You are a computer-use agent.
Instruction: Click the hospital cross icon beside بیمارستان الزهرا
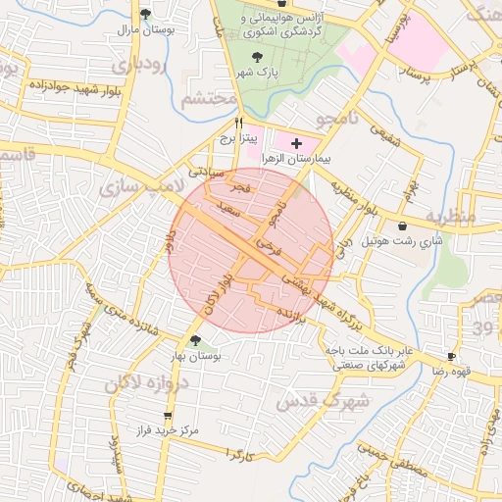[297, 143]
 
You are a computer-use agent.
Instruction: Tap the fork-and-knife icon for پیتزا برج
[238, 124]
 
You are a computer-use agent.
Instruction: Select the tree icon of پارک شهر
[257, 57]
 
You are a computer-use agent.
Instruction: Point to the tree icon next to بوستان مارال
[145, 14]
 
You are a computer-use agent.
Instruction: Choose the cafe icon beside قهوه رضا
[451, 357]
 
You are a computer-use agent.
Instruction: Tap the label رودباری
[138, 66]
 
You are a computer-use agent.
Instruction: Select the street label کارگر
[239, 454]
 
